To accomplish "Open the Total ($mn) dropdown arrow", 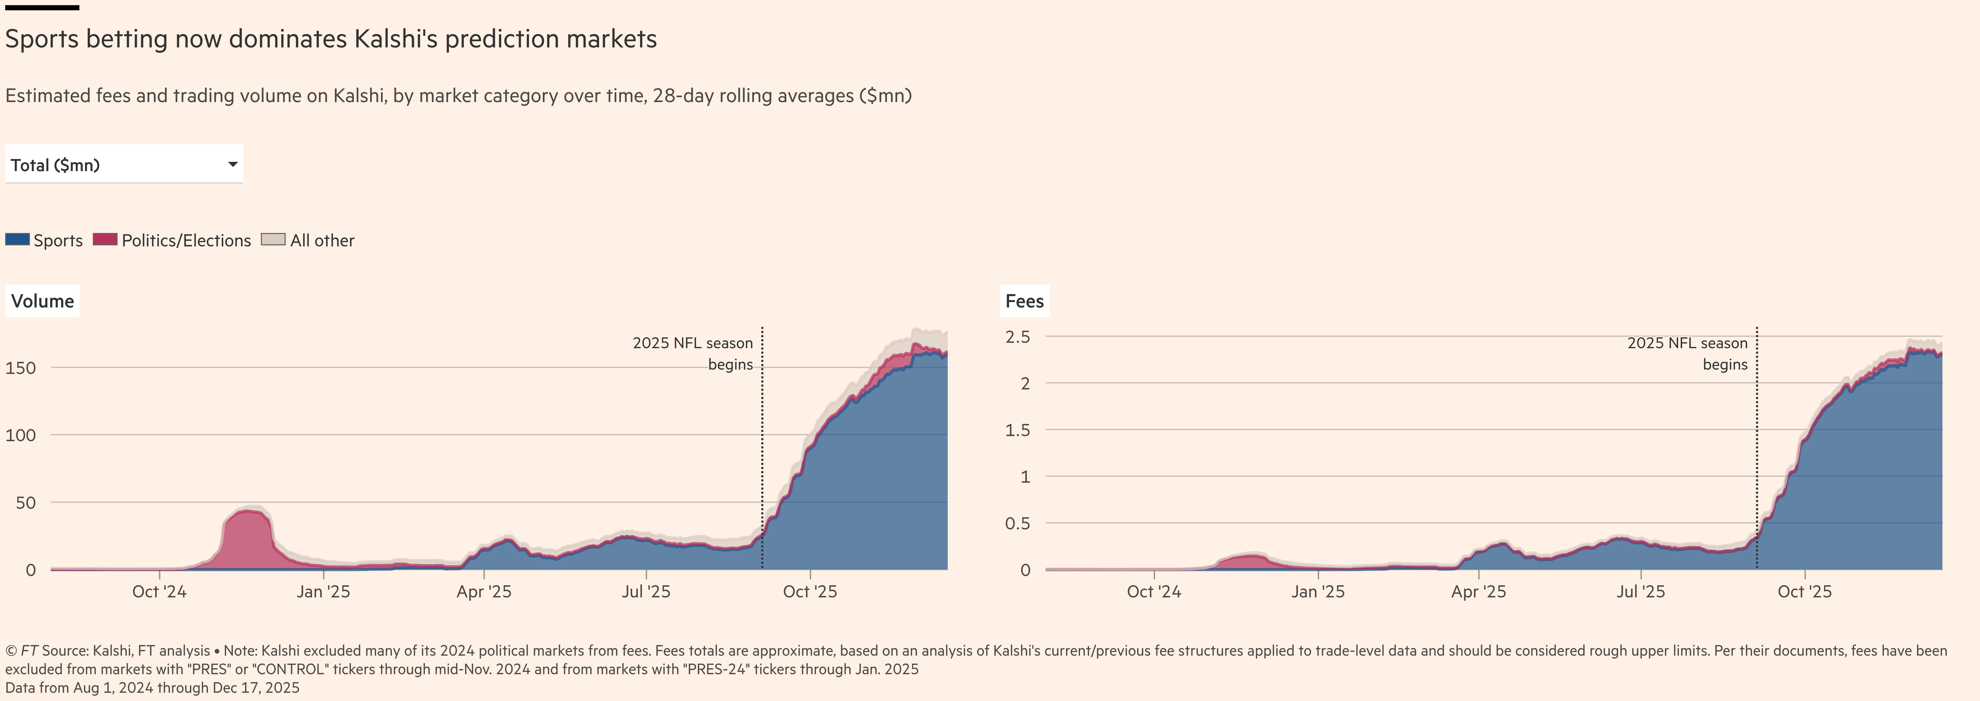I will click(x=232, y=164).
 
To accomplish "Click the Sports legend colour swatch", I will click(x=17, y=240).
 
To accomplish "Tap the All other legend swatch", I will click(x=273, y=240).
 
